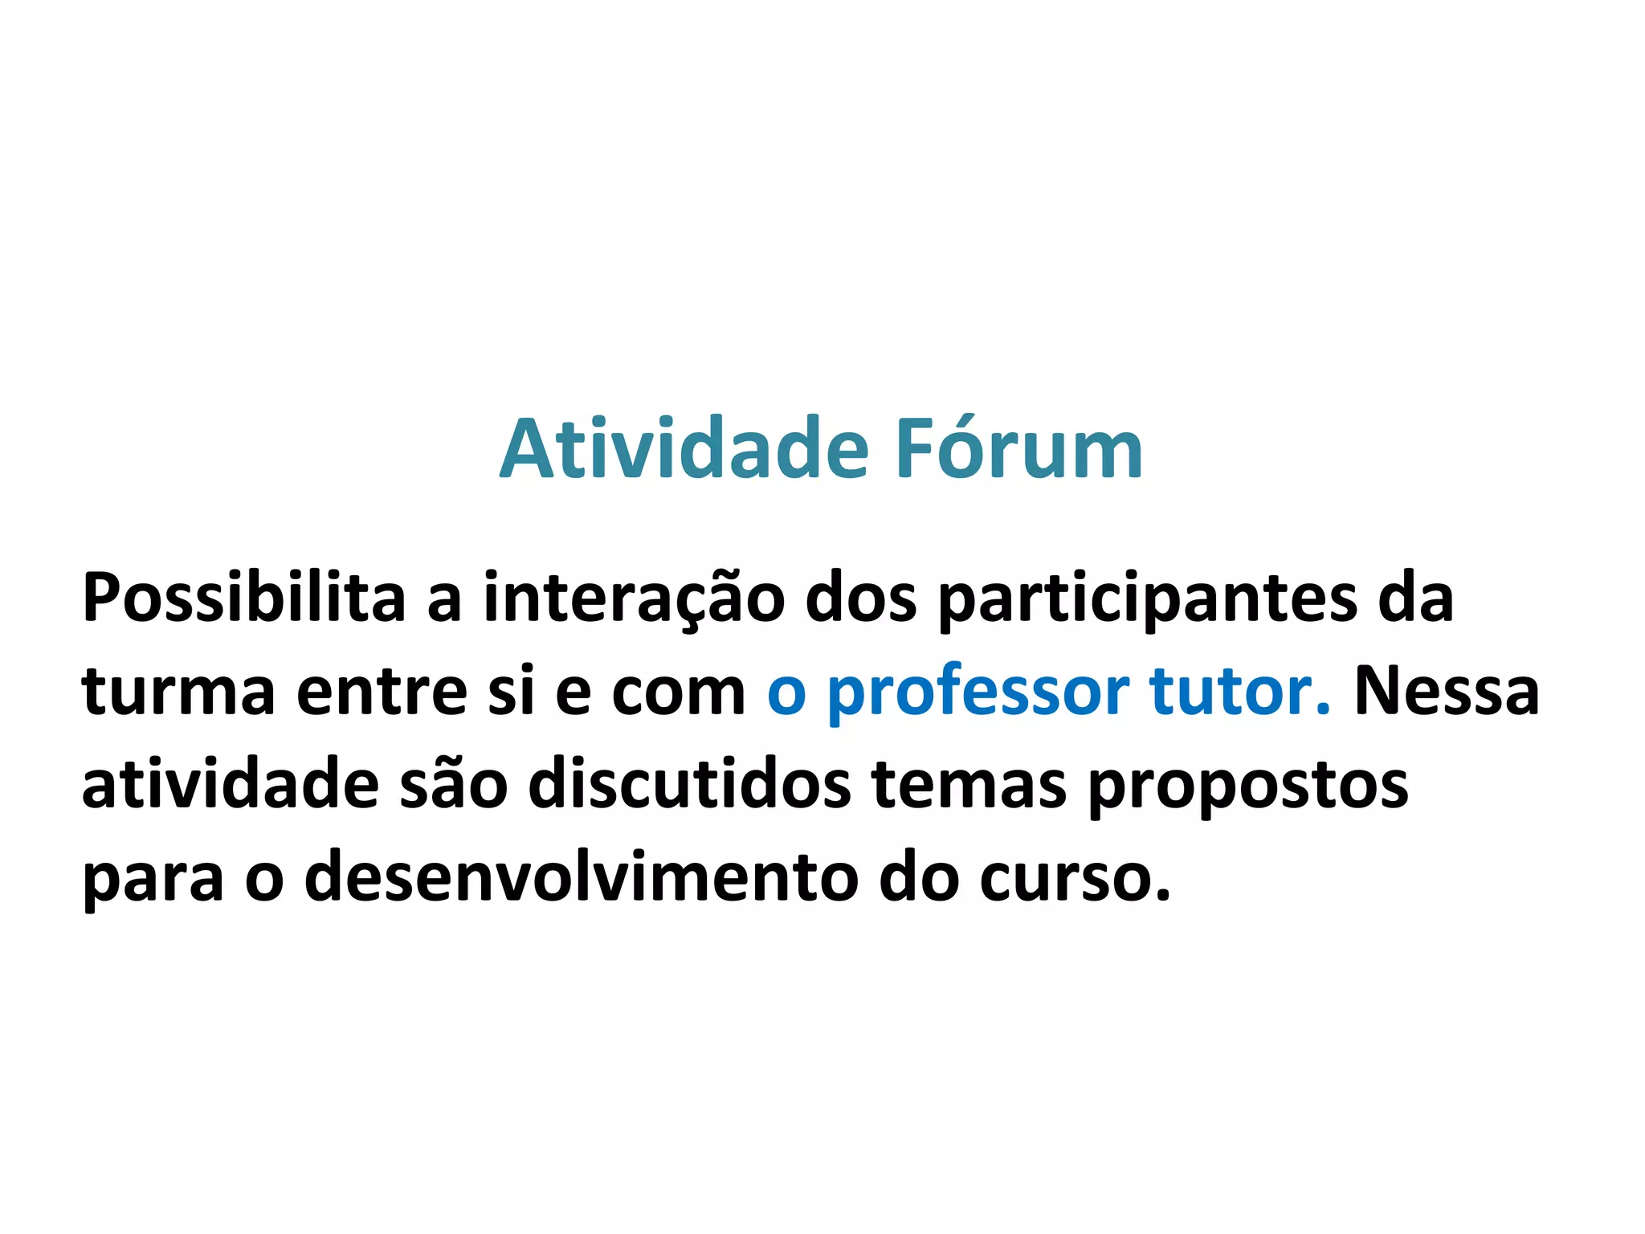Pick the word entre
(382, 692)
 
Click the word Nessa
(1447, 692)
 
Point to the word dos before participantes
(860, 598)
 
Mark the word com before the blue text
(679, 693)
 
